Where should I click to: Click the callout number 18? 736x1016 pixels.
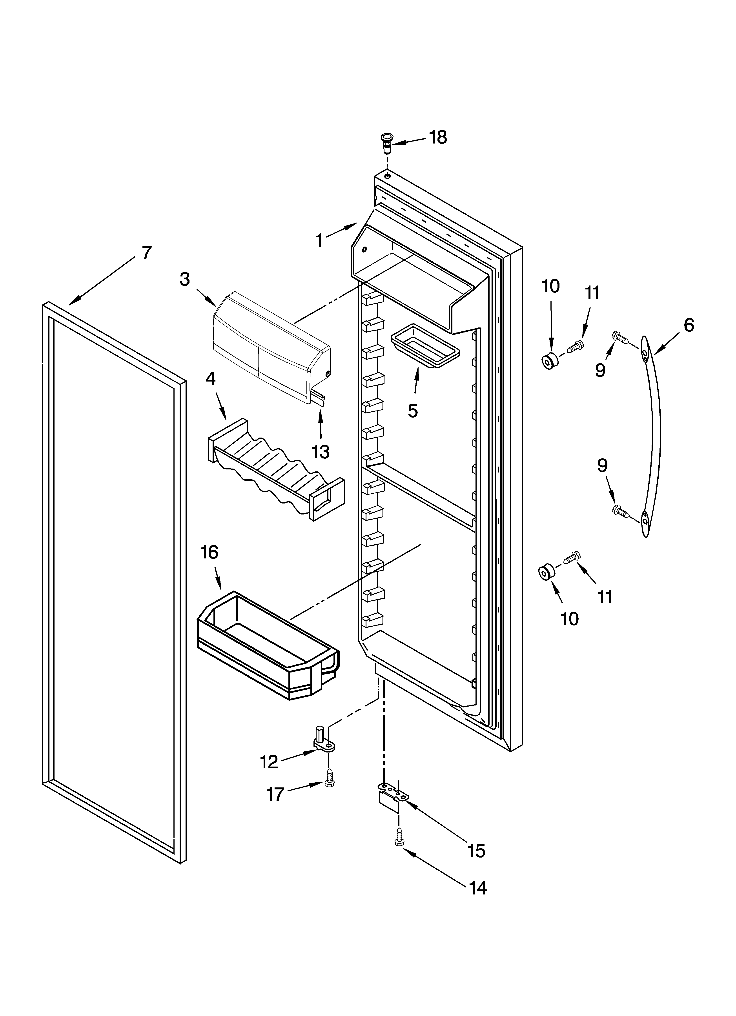click(438, 138)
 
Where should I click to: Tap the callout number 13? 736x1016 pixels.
click(321, 452)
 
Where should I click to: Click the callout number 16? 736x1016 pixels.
click(209, 552)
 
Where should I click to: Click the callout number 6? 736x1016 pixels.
click(689, 325)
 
